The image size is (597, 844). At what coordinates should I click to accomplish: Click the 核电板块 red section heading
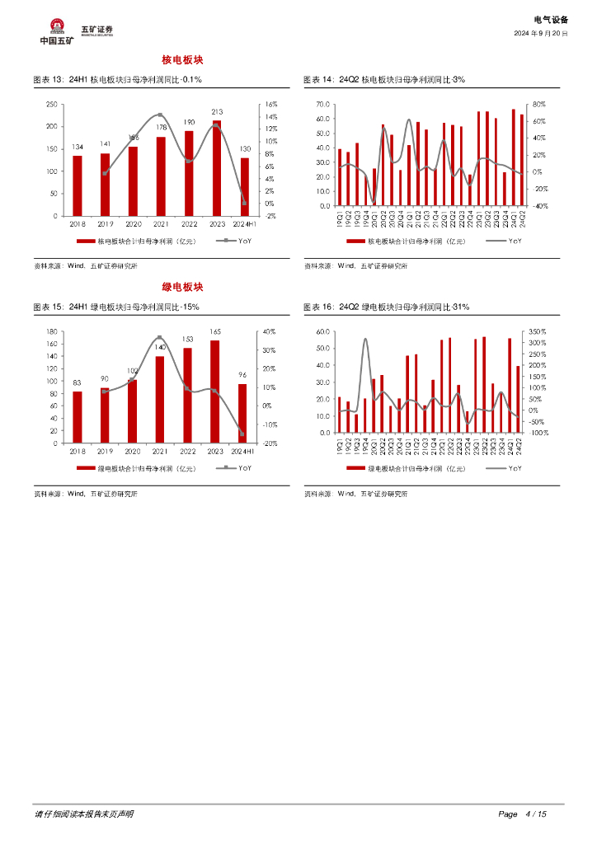(182, 60)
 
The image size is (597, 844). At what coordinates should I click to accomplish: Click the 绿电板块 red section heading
(182, 287)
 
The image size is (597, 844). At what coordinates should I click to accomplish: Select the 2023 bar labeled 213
(217, 168)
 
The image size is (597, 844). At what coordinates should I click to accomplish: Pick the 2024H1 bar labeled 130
(244, 186)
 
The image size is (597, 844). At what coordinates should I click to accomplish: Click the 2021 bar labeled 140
(160, 400)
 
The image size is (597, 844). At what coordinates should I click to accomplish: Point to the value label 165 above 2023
(215, 331)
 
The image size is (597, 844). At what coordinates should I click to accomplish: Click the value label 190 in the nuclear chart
(189, 122)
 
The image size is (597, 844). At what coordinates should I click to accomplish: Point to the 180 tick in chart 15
(51, 331)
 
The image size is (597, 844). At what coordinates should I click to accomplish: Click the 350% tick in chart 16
(537, 331)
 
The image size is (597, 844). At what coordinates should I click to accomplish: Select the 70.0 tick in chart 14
(322, 105)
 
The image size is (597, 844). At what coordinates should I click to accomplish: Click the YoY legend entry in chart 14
(505, 241)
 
